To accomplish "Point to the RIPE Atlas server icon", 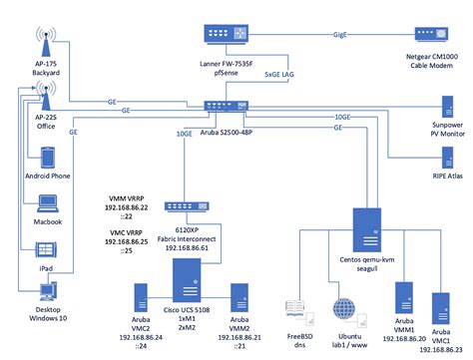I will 443,154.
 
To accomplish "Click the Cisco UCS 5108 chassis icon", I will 190,283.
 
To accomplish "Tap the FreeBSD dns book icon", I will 295,309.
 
